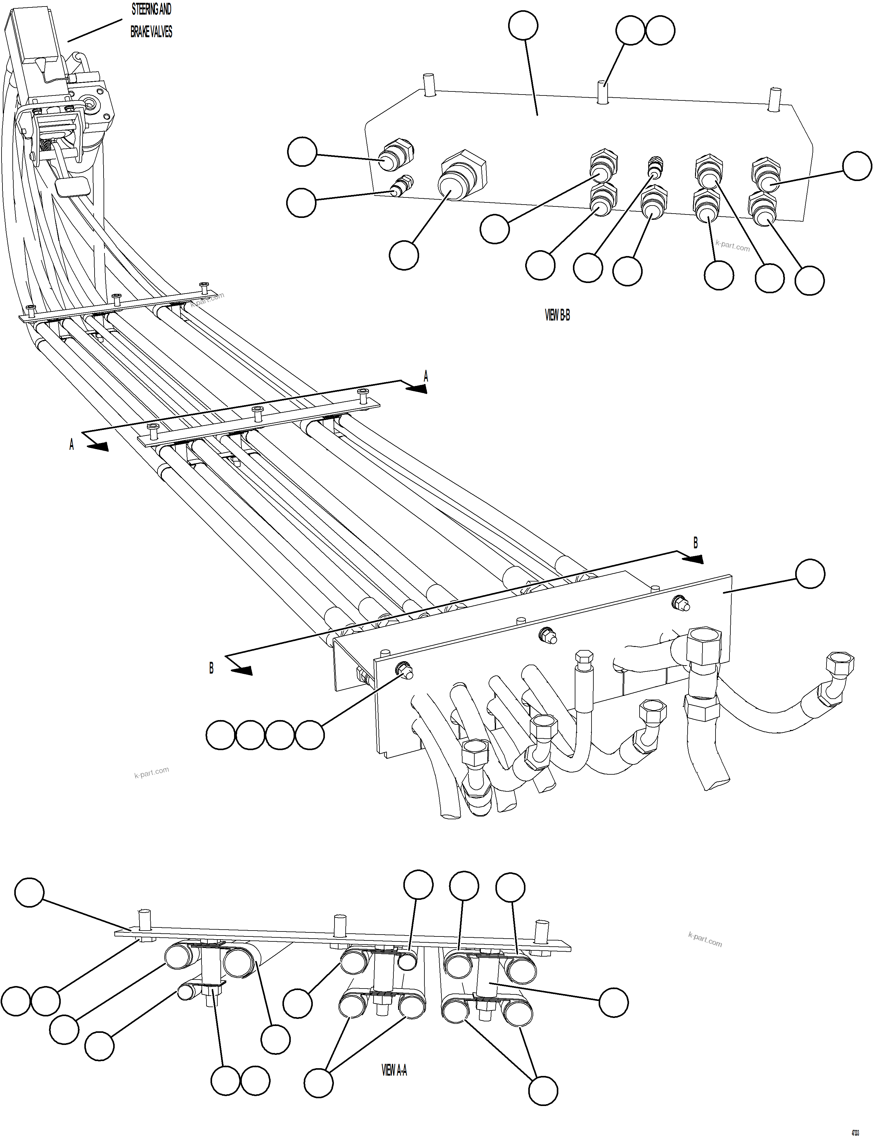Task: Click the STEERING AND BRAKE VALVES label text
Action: click(151, 21)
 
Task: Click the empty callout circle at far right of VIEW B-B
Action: click(856, 166)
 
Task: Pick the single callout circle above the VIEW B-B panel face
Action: click(523, 24)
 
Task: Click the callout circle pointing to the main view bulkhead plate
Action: click(810, 574)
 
